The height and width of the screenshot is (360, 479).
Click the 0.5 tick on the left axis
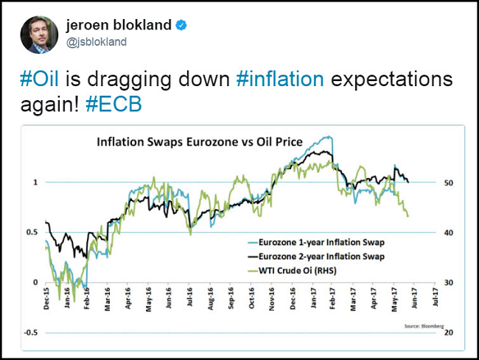tap(32, 233)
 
